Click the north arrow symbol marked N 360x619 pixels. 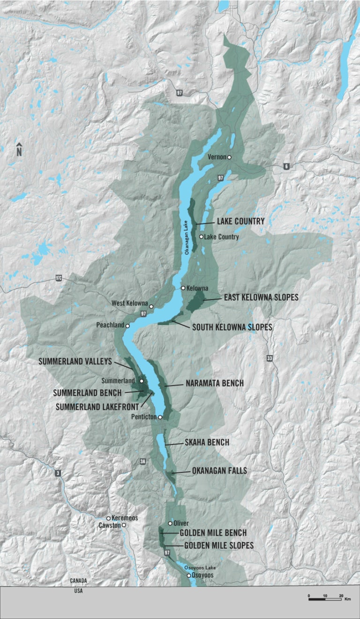click(x=19, y=149)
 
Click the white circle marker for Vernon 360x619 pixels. click(x=229, y=158)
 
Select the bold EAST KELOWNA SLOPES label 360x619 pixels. click(x=261, y=297)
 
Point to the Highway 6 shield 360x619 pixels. click(x=285, y=166)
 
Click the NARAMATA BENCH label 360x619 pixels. click(x=214, y=384)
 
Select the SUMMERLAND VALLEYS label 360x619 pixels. click(x=75, y=361)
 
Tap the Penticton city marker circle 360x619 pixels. click(x=160, y=416)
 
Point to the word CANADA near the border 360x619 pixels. click(x=78, y=581)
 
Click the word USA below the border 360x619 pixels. click(x=78, y=590)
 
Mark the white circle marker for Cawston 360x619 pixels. click(x=124, y=525)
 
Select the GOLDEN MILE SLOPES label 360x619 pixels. click(x=219, y=545)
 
